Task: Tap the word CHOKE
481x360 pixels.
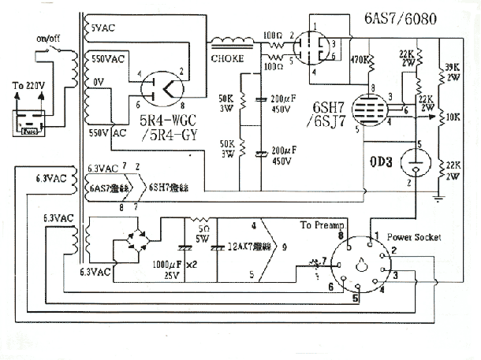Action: (226, 57)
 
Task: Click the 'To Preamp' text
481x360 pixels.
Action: (319, 225)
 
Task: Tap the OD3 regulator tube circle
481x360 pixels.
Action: (413, 163)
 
